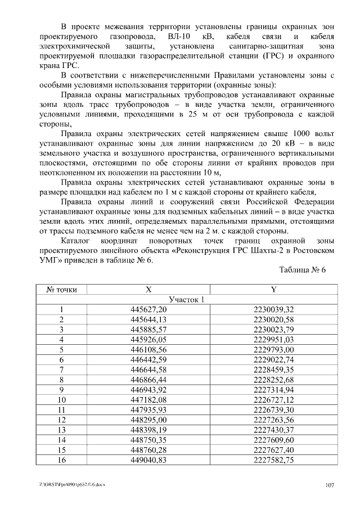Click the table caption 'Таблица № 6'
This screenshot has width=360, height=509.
click(x=303, y=269)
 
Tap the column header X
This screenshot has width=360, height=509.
click(x=148, y=290)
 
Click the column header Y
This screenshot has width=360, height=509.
click(x=273, y=290)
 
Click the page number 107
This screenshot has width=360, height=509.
click(x=330, y=485)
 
